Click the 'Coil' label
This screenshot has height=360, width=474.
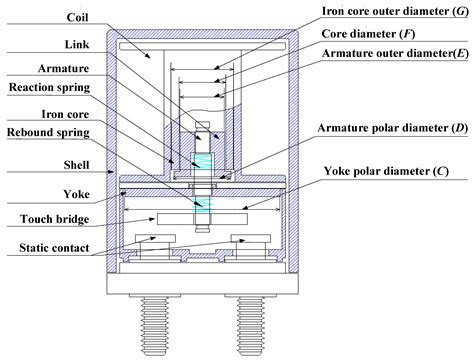(50, 18)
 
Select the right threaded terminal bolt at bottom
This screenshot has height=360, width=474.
(247, 326)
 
